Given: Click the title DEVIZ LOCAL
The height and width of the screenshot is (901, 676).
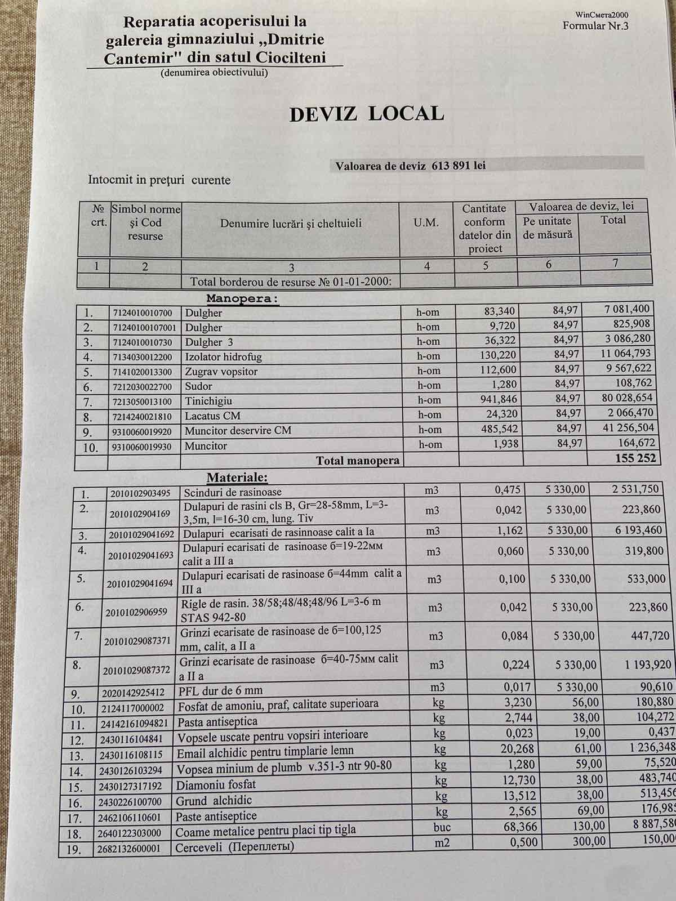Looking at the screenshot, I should click(366, 114).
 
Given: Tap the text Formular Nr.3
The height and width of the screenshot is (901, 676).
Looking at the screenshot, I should click(595, 26).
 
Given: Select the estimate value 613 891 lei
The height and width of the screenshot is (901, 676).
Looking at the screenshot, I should click(459, 166).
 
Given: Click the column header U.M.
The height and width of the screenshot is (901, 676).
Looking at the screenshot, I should click(426, 223).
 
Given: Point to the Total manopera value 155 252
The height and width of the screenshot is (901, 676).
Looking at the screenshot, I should click(636, 458).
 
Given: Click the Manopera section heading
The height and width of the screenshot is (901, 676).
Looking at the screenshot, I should click(242, 298).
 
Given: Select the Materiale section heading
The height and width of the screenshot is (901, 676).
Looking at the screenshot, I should click(237, 478).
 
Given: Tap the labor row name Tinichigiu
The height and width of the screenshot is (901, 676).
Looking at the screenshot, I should click(208, 401).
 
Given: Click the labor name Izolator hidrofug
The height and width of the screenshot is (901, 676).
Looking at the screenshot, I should click(223, 357).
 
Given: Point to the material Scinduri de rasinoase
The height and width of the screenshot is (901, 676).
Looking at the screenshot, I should click(233, 492).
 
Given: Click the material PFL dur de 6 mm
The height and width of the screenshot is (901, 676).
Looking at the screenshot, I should click(220, 690).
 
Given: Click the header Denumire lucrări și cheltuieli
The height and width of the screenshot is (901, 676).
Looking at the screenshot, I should click(291, 224).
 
